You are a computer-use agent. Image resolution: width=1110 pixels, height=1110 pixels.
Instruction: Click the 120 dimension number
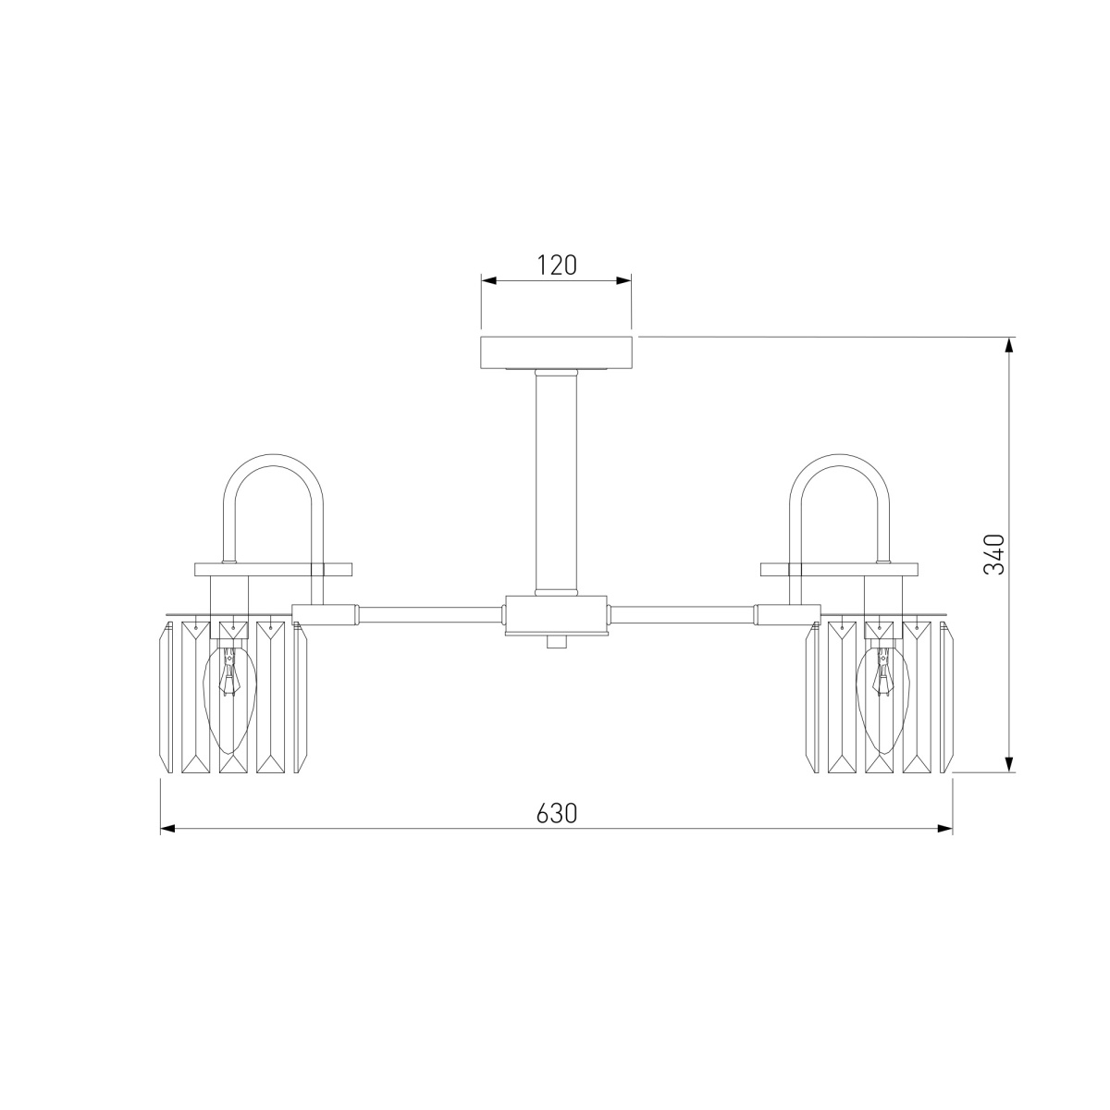(x=557, y=265)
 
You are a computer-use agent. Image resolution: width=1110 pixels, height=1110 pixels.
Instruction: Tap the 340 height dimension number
(x=994, y=554)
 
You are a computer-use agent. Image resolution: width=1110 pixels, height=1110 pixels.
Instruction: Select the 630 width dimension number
(x=557, y=813)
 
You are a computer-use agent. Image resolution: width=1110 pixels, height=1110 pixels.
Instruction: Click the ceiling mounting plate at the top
(x=557, y=352)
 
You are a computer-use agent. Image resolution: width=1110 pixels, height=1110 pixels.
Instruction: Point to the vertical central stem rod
(x=557, y=483)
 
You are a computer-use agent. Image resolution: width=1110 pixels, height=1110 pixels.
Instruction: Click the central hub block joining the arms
(x=557, y=615)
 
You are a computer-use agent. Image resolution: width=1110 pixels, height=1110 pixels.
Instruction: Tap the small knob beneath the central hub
(x=557, y=642)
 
